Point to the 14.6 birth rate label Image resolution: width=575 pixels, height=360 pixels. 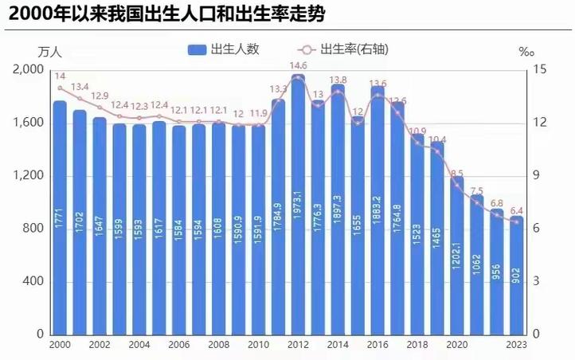(298, 65)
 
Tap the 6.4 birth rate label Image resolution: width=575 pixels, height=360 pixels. (518, 210)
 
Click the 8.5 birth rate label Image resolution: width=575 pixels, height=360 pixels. (456, 173)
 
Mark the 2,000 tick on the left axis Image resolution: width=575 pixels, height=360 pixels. (29, 70)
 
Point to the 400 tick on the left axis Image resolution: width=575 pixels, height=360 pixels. (33, 281)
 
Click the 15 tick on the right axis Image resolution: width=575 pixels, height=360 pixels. (539, 70)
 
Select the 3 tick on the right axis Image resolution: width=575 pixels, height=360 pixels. (536, 281)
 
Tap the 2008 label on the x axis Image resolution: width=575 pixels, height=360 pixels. (218, 344)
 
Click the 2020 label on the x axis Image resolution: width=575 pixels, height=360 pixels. (456, 344)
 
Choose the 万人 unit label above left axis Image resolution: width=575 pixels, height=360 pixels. (49, 52)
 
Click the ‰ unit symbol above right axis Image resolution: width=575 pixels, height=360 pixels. (526, 52)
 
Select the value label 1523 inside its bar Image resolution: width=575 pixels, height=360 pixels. (417, 239)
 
